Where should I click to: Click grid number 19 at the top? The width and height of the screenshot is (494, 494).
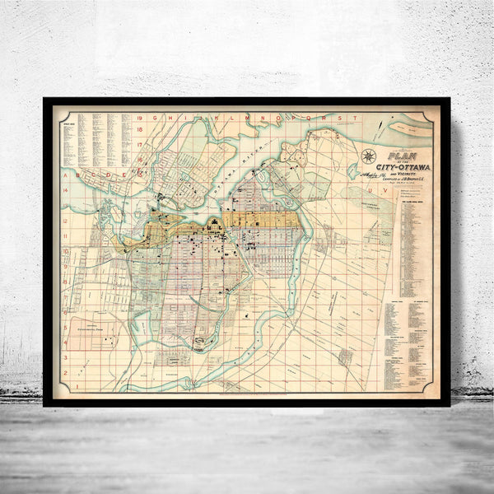point(141,118)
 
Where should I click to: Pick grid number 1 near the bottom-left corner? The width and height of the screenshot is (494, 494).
point(65,384)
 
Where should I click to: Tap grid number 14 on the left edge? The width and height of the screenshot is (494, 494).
point(65,190)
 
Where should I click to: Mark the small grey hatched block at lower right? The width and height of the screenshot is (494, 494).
point(347,356)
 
